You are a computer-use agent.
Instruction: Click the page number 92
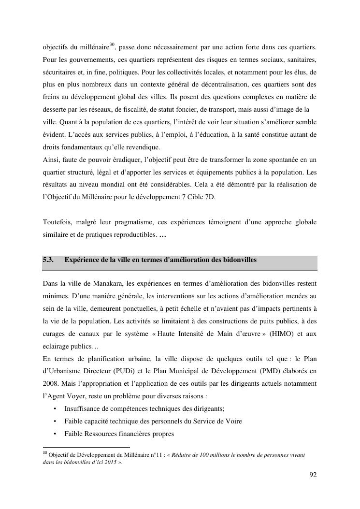pyautogui.click(x=313, y=475)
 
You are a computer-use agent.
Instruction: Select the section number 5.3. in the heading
pyautogui.click(x=48, y=260)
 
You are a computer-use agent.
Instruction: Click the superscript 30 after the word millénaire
pyautogui.click(x=111, y=45)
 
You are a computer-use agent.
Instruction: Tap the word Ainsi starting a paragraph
pyautogui.click(x=51, y=160)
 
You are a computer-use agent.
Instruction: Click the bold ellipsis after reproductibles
pyautogui.click(x=162, y=235)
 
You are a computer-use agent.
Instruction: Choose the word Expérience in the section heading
pyautogui.click(x=82, y=260)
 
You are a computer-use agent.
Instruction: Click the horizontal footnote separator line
pyautogui.click(x=86, y=447)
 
